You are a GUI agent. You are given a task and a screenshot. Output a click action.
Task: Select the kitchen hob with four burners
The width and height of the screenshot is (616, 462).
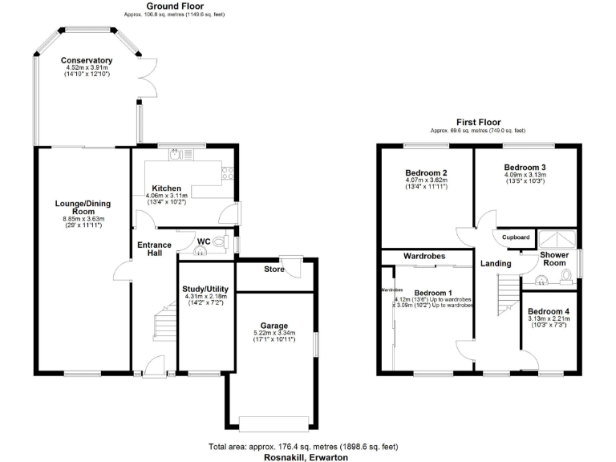228,172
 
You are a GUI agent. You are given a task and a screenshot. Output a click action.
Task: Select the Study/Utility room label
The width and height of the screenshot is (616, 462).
206,289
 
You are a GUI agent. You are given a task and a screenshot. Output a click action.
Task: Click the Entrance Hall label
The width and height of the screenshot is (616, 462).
154,249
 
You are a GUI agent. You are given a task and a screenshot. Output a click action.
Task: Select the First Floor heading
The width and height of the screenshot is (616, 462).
478,122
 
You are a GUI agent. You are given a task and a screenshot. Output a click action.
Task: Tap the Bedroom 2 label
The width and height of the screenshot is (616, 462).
426,172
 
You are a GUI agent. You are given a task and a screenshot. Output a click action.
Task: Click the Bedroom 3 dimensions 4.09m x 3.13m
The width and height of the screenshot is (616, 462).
525,175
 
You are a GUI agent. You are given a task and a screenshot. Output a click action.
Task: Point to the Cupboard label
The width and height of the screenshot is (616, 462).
516,237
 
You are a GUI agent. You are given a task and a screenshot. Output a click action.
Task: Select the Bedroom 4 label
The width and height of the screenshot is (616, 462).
549,311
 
